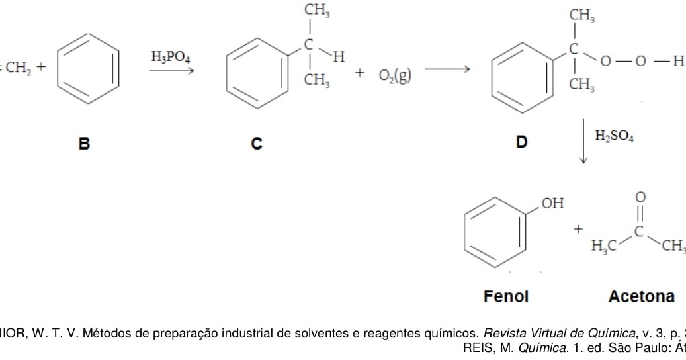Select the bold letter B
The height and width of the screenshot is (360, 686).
tap(84, 142)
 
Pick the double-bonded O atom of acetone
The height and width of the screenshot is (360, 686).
tap(640, 197)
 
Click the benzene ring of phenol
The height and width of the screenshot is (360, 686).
tap(495, 232)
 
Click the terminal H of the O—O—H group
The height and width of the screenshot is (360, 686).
tap(677, 62)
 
